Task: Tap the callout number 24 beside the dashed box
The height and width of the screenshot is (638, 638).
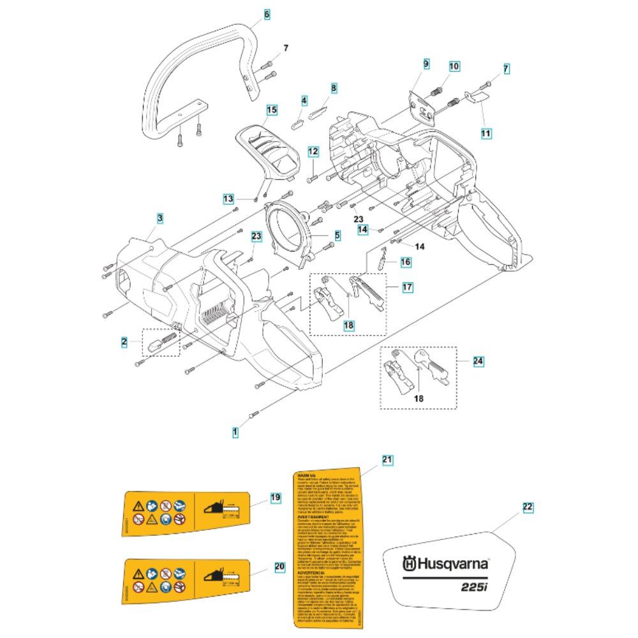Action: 477,361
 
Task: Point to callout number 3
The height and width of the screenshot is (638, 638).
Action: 160,218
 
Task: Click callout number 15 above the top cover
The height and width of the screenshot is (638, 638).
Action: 271,110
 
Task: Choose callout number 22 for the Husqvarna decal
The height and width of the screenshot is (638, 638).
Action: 527,508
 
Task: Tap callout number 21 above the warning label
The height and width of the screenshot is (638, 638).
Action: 387,459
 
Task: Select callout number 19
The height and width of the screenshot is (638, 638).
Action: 275,497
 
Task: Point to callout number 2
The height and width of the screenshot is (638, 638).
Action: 124,343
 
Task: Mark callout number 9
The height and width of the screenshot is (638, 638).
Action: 426,64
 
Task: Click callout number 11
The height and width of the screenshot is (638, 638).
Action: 486,133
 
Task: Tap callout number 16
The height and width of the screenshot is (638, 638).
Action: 406,262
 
